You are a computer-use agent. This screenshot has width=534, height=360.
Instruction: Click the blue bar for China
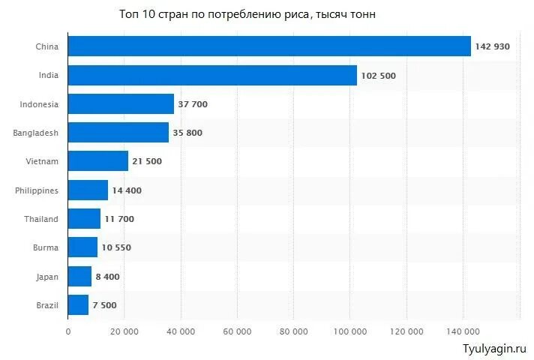tap(269, 46)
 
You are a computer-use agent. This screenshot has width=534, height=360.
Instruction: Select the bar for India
tap(212, 76)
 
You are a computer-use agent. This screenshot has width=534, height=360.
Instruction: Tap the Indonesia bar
tap(121, 104)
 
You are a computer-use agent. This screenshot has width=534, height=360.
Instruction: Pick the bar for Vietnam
tap(98, 161)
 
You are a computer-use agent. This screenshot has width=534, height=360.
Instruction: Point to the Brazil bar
tap(78, 304)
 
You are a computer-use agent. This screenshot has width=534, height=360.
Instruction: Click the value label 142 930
tap(492, 46)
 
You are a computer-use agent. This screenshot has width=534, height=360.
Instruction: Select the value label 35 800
tap(187, 133)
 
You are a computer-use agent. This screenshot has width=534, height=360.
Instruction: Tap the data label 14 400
tap(127, 190)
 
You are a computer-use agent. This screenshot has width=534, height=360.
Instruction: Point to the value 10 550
tap(116, 247)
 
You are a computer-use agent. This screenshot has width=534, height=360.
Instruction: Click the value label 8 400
tap(107, 276)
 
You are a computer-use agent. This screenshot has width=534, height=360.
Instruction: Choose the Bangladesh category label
tap(35, 133)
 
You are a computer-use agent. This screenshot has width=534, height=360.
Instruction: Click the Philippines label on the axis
tap(37, 190)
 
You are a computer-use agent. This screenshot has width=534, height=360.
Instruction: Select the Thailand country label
tap(41, 219)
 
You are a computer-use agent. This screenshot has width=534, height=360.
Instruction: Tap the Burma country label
tap(46, 247)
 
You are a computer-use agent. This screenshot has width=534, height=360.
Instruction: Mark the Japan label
tap(46, 276)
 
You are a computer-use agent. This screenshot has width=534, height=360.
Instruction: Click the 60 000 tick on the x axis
tap(236, 331)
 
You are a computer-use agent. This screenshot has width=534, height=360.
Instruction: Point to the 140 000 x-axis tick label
tap(463, 331)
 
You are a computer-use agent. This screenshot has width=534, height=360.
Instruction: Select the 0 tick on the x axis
tap(68, 331)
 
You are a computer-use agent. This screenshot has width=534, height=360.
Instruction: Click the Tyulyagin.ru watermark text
tap(495, 349)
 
